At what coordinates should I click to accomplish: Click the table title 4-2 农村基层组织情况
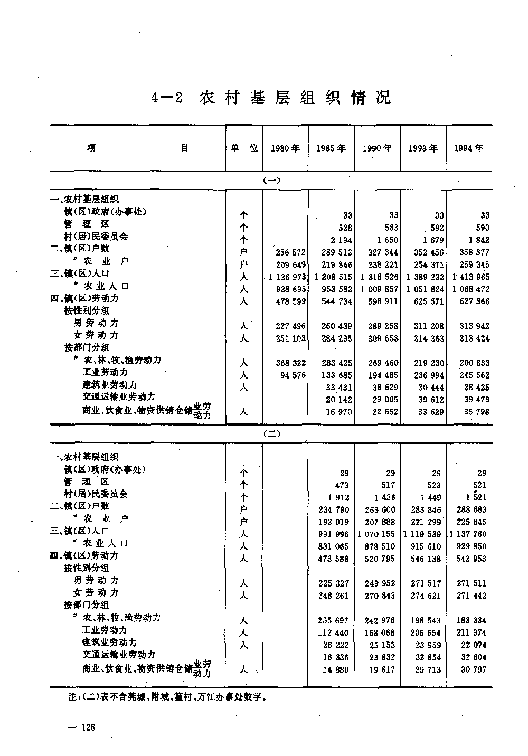(271, 98)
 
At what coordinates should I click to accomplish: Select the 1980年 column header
(285, 149)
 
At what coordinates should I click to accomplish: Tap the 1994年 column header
(469, 148)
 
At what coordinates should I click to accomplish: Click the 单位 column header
(244, 148)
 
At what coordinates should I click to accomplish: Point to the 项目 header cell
(138, 148)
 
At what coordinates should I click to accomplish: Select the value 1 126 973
(287, 277)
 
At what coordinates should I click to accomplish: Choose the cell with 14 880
(337, 669)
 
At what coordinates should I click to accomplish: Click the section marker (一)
(271, 181)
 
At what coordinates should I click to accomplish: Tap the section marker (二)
(271, 434)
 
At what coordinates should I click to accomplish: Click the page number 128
(88, 727)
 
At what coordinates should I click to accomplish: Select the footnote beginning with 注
(166, 697)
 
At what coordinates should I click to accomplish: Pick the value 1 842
(478, 240)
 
